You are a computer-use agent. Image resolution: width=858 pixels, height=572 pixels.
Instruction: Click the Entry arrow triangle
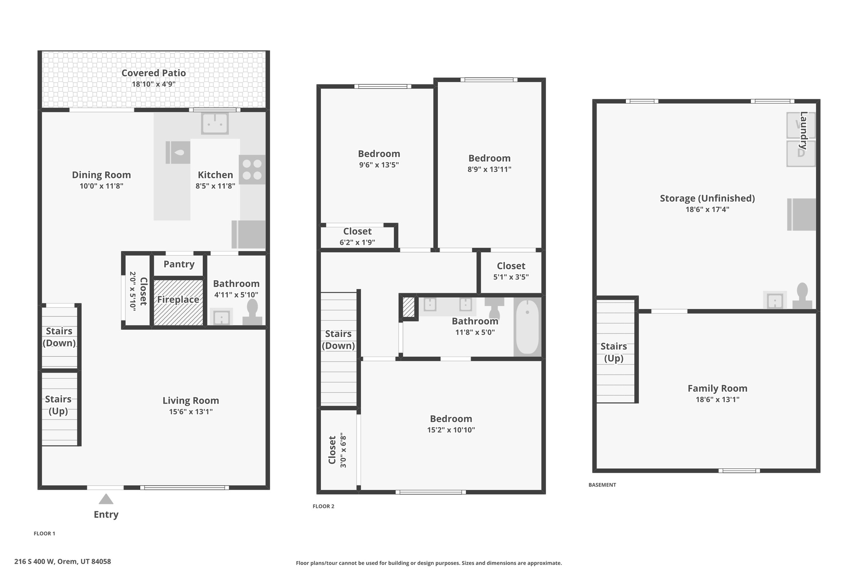point(106,499)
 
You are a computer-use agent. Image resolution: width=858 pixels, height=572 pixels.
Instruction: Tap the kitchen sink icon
point(214,123)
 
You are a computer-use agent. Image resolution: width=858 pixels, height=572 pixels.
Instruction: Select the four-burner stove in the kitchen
point(252,170)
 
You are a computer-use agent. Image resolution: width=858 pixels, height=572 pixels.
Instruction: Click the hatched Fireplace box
point(178,302)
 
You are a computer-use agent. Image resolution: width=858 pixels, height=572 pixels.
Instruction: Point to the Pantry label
point(179,264)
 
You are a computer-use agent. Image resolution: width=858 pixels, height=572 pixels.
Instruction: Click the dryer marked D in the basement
point(801,153)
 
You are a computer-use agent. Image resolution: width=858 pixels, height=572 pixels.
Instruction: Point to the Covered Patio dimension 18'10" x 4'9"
point(153,84)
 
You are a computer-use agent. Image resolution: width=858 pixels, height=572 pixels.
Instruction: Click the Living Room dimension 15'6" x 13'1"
point(191,412)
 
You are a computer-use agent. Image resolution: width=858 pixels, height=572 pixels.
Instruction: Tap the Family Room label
point(717,388)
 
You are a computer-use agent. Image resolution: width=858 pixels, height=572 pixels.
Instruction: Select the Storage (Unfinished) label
point(707,198)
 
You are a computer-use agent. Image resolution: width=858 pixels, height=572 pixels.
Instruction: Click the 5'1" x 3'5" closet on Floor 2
point(511,271)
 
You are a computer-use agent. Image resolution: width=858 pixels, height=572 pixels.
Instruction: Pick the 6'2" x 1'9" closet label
point(357,237)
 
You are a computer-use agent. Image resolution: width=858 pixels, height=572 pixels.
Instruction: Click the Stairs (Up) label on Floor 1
point(58,405)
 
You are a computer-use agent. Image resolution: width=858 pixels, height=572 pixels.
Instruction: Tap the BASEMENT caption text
point(602,485)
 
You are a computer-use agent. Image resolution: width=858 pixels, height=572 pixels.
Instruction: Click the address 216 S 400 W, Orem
point(63,562)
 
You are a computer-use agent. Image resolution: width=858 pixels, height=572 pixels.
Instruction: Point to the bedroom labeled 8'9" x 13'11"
point(489,163)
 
